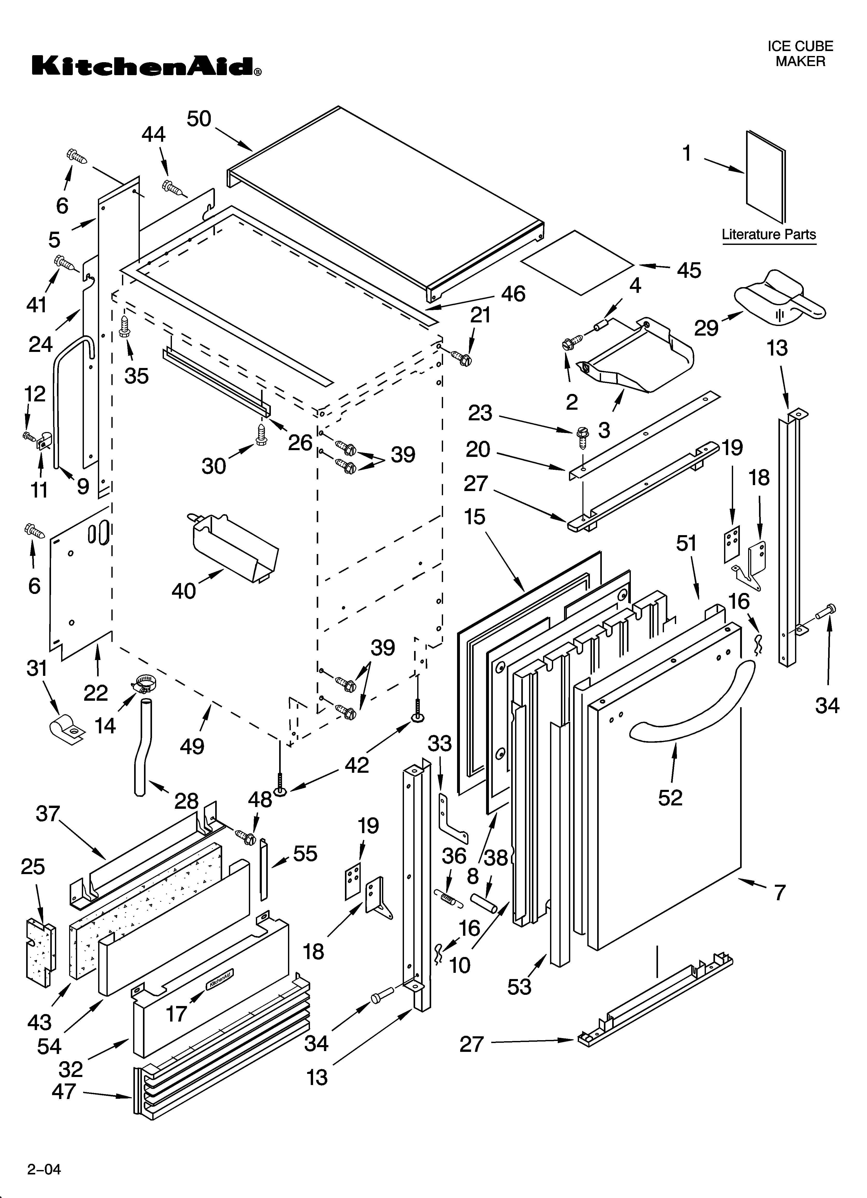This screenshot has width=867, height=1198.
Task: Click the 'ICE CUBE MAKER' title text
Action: (800, 54)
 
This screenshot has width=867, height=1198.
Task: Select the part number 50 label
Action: (199, 119)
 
